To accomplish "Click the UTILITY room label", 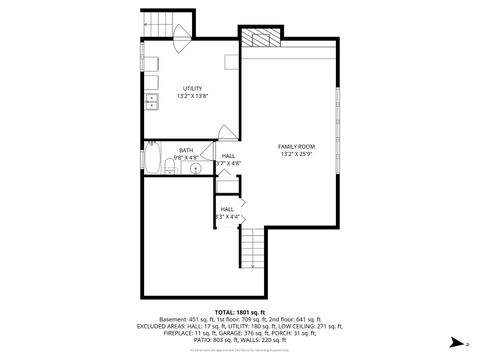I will click(x=192, y=88).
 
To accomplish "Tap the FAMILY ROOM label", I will click(x=296, y=146).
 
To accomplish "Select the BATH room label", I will click(x=187, y=151).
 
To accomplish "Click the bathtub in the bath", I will click(x=151, y=158).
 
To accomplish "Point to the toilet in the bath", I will click(x=165, y=166).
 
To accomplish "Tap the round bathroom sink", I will click(x=196, y=168).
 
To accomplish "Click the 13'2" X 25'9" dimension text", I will click(x=296, y=154).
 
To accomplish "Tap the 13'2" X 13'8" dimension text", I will click(x=192, y=96).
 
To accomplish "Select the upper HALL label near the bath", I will click(x=229, y=156).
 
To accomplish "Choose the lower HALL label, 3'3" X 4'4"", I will click(x=227, y=216).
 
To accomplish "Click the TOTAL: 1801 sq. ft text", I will click(x=240, y=312).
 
